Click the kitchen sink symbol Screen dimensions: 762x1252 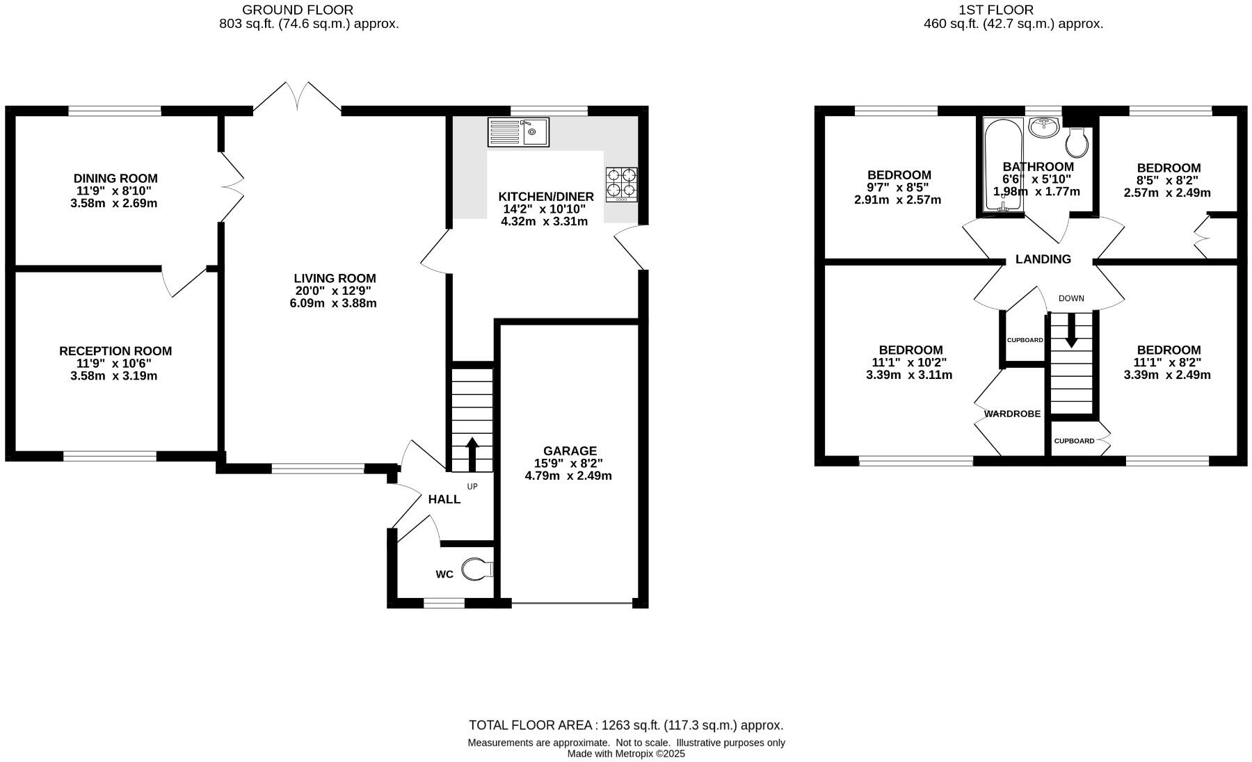(519, 132)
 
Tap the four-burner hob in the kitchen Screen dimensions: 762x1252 (621, 184)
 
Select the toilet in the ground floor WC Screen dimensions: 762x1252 (476, 569)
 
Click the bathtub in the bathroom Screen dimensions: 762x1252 (1002, 165)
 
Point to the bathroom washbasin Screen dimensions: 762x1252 (1043, 127)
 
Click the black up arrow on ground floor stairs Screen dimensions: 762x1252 (472, 454)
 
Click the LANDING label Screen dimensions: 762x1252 (1043, 259)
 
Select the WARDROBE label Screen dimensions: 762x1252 (1012, 414)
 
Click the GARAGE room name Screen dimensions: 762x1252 (570, 451)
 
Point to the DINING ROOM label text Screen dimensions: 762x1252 (115, 179)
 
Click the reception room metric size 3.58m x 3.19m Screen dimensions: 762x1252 (114, 376)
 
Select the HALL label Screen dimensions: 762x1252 (444, 499)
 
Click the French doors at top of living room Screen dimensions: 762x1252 (298, 97)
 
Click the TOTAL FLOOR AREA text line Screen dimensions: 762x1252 (626, 725)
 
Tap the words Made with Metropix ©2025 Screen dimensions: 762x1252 (626, 754)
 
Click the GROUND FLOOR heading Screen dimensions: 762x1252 (298, 10)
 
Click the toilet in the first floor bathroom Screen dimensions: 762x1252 (1077, 143)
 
